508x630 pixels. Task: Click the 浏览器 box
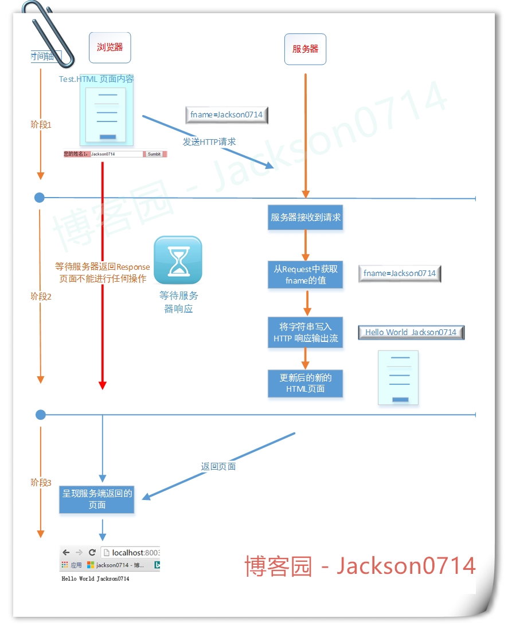(110, 48)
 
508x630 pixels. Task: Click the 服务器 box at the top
(305, 49)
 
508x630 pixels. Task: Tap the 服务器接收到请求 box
(305, 218)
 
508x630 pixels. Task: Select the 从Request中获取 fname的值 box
(305, 275)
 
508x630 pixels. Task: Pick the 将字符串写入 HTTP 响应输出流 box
(305, 332)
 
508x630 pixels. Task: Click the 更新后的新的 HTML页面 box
(305, 383)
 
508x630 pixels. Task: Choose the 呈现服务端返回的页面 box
(97, 499)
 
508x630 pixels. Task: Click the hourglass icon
(178, 260)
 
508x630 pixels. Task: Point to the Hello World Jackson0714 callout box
(411, 332)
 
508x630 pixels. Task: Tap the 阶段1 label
(41, 124)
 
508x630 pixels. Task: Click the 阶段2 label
(41, 296)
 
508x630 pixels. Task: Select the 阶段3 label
(41, 482)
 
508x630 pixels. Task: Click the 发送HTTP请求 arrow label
(209, 141)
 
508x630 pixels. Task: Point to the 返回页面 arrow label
(218, 466)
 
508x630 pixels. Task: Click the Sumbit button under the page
(154, 154)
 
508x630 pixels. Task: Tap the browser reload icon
(92, 553)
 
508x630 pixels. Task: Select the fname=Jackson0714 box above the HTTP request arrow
(226, 115)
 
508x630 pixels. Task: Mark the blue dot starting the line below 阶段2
(41, 415)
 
